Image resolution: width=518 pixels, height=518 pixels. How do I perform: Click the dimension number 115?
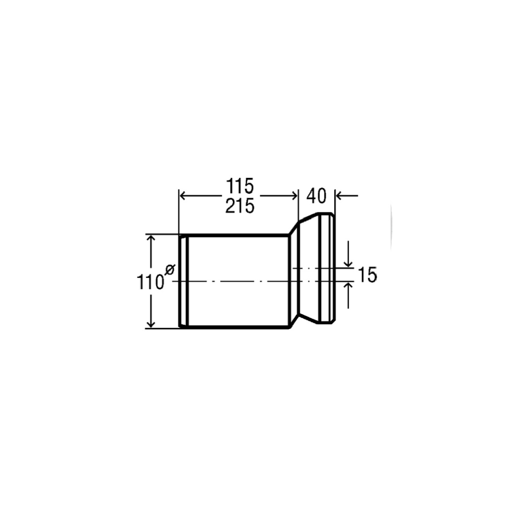click(240, 186)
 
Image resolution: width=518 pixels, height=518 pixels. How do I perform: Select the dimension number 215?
click(240, 206)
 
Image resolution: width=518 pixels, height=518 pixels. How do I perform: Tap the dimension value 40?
click(316, 196)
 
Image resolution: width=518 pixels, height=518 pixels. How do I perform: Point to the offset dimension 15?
click(368, 275)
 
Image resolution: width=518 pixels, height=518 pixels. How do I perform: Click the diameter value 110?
click(151, 282)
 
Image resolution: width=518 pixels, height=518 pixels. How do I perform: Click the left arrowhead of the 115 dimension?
click(183, 196)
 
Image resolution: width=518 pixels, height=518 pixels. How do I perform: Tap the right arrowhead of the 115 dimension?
click(294, 196)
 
